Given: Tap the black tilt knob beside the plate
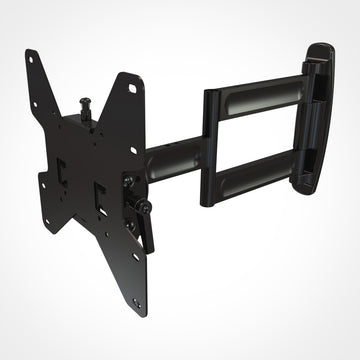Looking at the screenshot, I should [x=129, y=180].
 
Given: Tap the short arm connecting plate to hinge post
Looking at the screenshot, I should [x=175, y=158].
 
